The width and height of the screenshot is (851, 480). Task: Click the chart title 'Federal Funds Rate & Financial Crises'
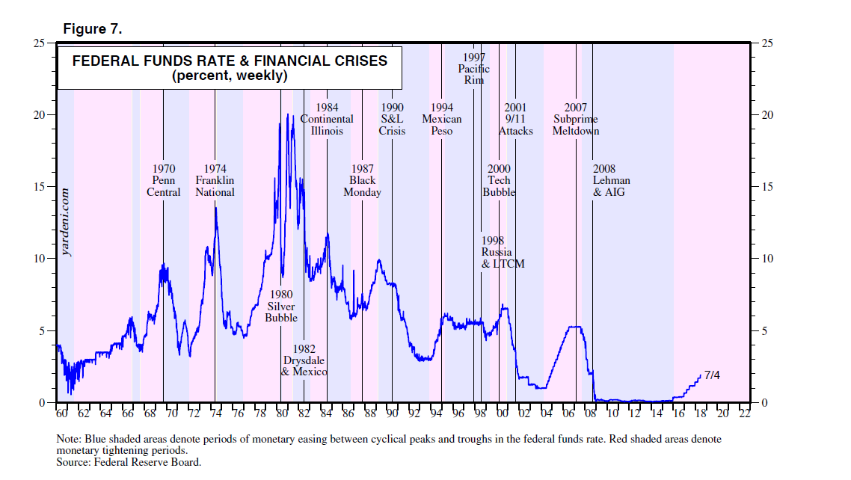click(x=230, y=61)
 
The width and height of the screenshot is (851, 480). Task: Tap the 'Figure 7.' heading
click(x=92, y=29)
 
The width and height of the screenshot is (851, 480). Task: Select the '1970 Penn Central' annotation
click(x=164, y=181)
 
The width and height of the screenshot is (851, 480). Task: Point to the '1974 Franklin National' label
click(x=215, y=181)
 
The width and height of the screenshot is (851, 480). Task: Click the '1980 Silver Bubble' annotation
click(x=281, y=307)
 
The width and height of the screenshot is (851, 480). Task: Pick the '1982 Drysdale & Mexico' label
click(x=304, y=360)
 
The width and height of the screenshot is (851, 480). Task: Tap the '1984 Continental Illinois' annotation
click(x=327, y=120)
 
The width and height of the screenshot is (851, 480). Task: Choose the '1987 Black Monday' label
click(x=363, y=181)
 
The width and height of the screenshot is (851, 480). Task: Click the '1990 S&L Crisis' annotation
click(x=392, y=120)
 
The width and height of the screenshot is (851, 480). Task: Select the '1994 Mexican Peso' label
click(x=442, y=120)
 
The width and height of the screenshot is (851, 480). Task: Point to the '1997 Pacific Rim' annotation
click(x=474, y=69)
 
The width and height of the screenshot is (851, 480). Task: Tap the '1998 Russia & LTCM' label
click(x=503, y=253)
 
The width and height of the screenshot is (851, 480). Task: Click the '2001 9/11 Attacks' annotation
click(x=516, y=120)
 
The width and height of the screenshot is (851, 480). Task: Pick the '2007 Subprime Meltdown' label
click(x=576, y=120)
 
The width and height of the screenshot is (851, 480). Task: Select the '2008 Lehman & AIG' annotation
click(x=611, y=181)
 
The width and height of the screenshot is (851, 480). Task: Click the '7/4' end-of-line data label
click(x=711, y=374)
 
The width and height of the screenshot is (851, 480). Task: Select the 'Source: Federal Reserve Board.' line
click(x=129, y=462)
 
